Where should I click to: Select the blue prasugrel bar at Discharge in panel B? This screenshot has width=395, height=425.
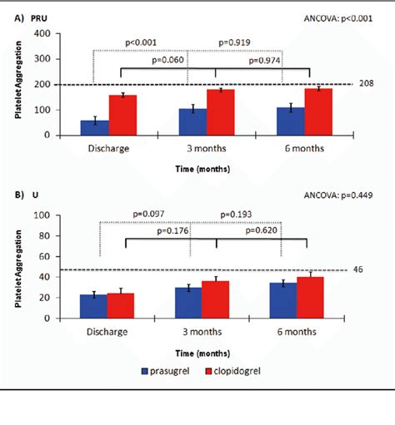click(x=94, y=304)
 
